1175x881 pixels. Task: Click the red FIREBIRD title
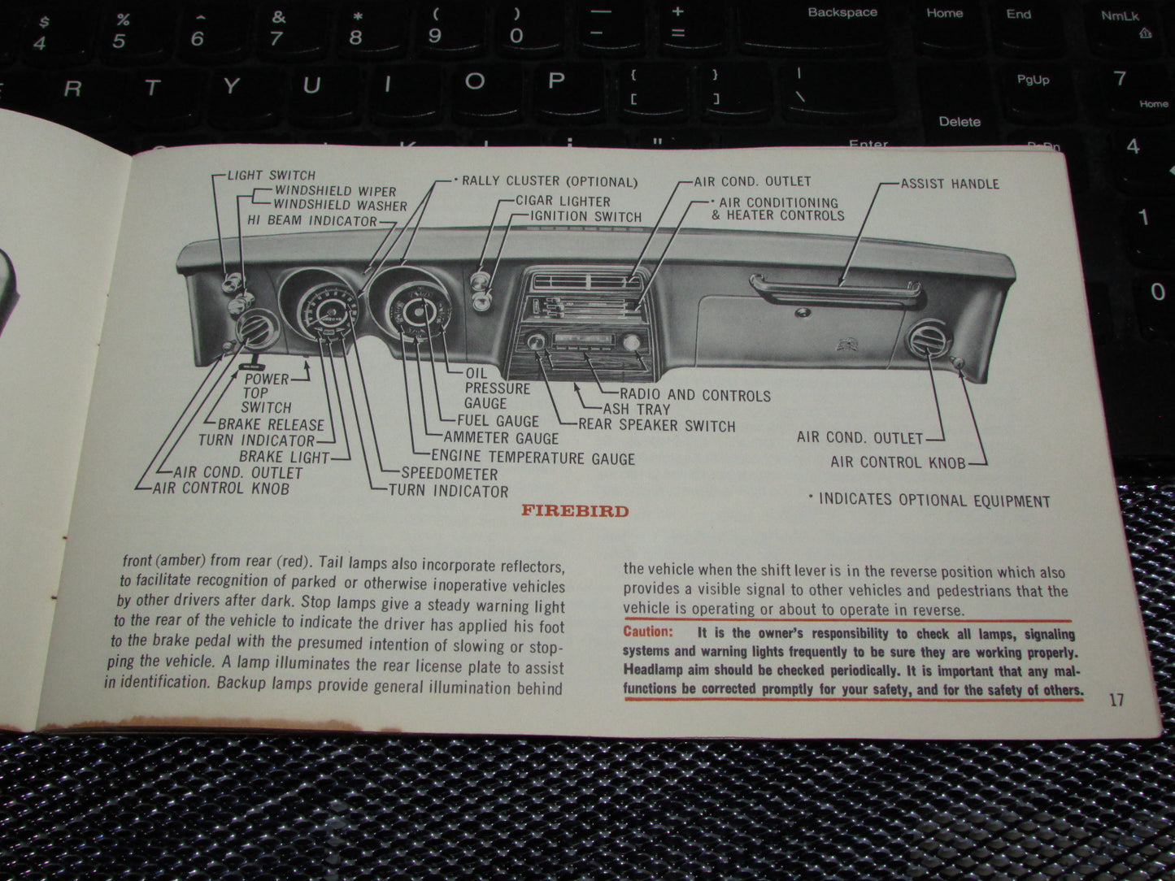575,511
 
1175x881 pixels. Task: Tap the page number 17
1116,700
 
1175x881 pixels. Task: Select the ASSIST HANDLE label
950,184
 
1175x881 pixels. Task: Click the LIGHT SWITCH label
271,175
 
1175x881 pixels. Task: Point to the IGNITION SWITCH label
585,216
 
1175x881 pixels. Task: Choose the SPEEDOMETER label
449,473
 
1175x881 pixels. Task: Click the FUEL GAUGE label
498,420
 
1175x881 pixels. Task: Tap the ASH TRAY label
636,410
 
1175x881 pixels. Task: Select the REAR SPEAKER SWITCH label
656,425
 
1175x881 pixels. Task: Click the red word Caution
648,631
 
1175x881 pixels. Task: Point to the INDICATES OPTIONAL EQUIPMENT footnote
933,501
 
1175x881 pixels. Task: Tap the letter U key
311,85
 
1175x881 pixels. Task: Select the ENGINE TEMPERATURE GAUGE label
533,458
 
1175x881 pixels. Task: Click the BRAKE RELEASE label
271,424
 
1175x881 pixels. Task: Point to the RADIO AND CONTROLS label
695,396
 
